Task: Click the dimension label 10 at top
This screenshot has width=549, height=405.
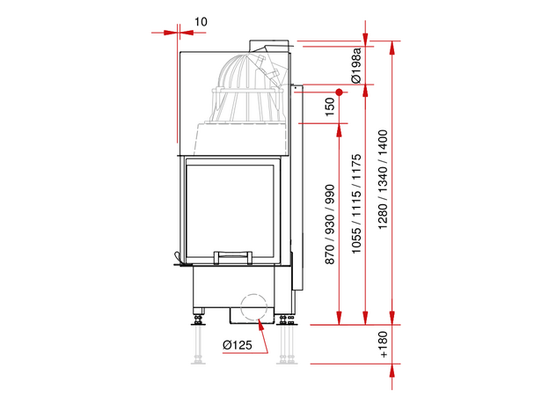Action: coord(201,22)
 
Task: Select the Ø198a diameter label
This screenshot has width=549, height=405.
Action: coord(355,65)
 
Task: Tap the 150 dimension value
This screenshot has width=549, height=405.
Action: coord(330,107)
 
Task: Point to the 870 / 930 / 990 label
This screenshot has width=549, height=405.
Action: coord(330,225)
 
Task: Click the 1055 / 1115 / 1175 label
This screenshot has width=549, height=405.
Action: coord(356,203)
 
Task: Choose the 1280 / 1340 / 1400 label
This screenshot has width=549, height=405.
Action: coord(383,180)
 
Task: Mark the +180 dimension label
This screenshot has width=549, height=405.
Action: coord(384,344)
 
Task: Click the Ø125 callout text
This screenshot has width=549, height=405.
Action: coord(237,345)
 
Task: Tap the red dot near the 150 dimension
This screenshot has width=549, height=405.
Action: coord(339,92)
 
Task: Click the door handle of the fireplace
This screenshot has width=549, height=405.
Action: coord(233,257)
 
